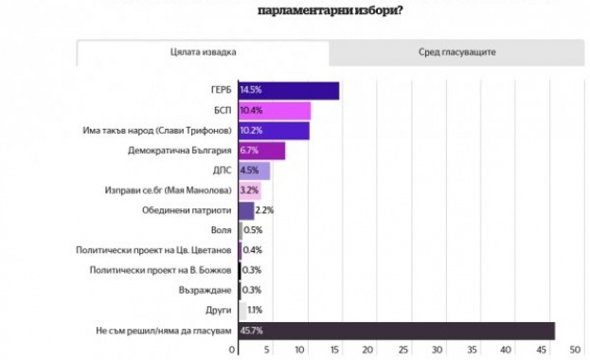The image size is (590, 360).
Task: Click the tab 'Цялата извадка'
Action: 204,52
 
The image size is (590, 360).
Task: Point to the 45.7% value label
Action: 252,330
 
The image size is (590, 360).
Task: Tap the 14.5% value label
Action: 251,90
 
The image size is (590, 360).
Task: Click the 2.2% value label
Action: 264,210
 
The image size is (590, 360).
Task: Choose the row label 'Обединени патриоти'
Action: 190,210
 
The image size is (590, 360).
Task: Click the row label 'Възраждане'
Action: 206,290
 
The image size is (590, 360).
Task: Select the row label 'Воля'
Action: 220,230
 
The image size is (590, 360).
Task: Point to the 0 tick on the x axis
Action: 240,351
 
